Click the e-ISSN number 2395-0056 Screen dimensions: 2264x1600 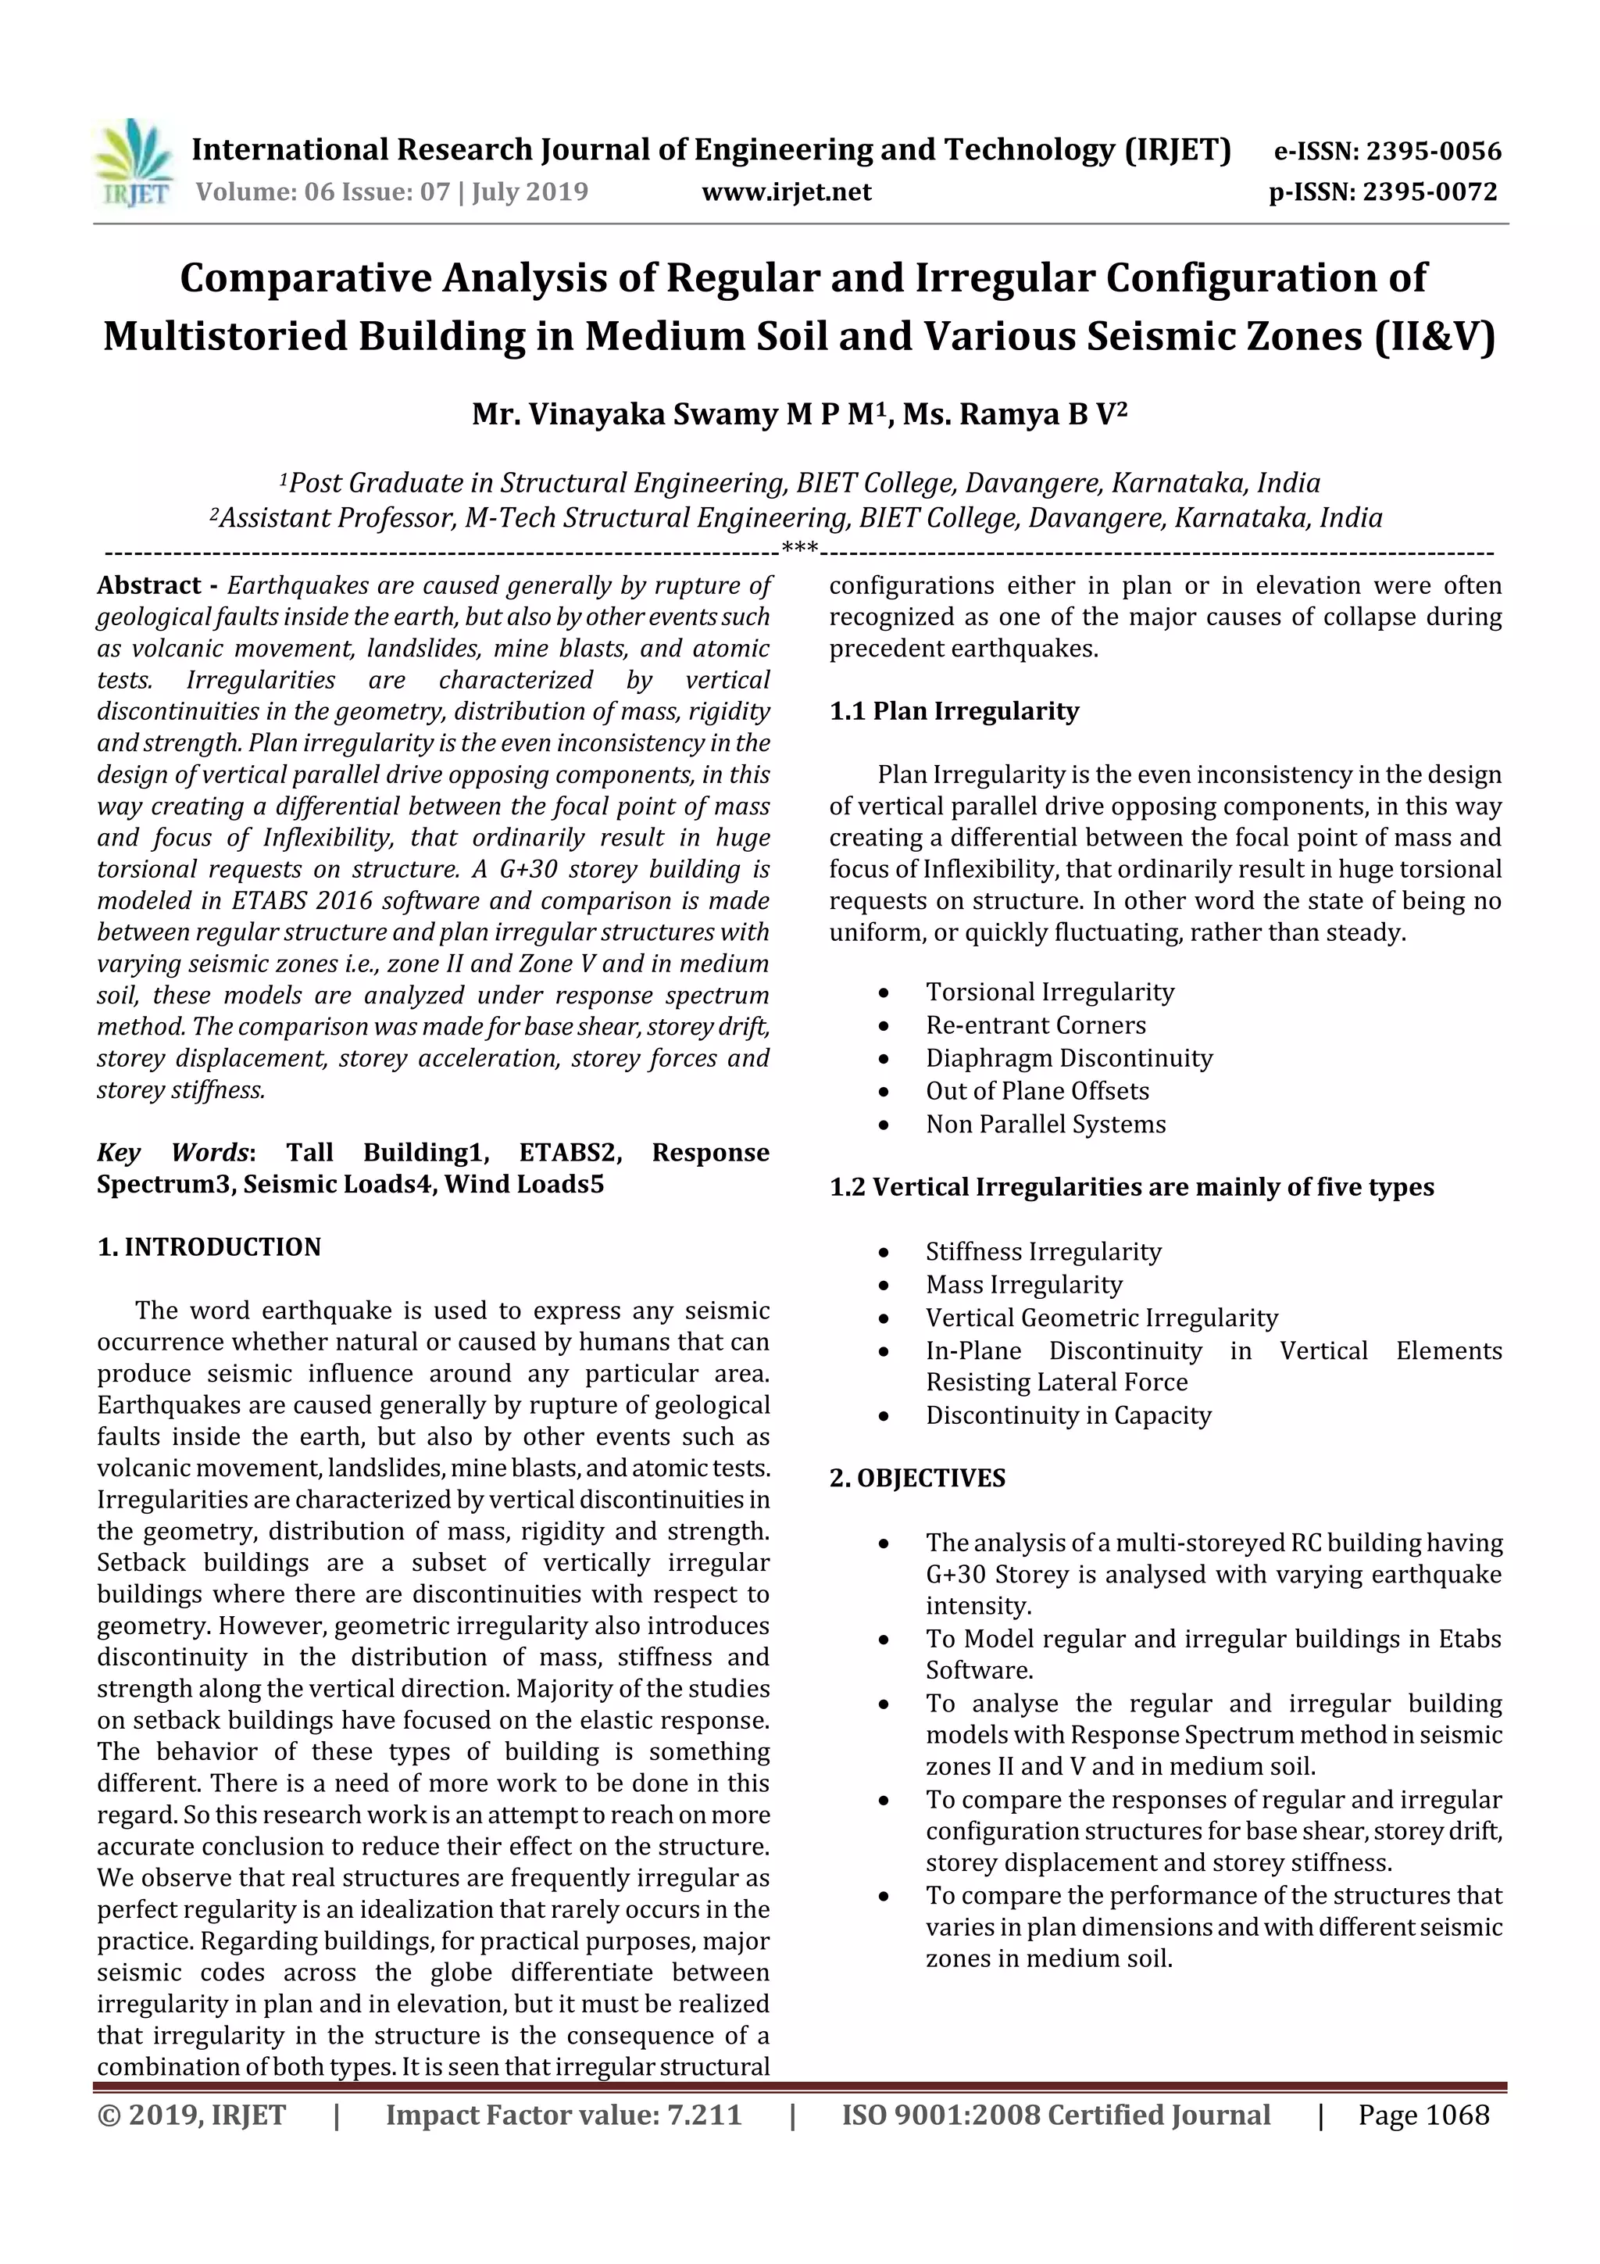click(x=1434, y=152)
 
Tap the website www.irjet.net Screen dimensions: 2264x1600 click(x=786, y=191)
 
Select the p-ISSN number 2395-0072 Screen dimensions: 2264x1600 click(x=1430, y=191)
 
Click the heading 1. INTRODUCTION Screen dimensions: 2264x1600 click(x=209, y=1246)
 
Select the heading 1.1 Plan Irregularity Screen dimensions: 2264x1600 click(x=953, y=711)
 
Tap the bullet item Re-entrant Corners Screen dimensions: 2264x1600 click(x=1035, y=1025)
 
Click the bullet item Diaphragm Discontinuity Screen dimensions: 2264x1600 click(x=1069, y=1058)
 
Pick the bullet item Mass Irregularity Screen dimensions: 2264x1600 click(x=1023, y=1284)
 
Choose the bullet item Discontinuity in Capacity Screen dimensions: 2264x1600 click(x=1068, y=1415)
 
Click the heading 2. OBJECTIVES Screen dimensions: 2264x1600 click(x=917, y=1478)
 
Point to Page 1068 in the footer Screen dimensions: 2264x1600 click(x=1423, y=2114)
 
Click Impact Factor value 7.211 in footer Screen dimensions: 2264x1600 click(x=563, y=2114)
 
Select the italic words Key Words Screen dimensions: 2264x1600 click(x=173, y=1152)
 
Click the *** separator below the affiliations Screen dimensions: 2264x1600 click(x=798, y=549)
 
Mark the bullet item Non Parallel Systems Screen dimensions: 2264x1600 click(x=1045, y=1124)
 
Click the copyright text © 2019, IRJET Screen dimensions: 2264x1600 click(x=191, y=2114)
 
